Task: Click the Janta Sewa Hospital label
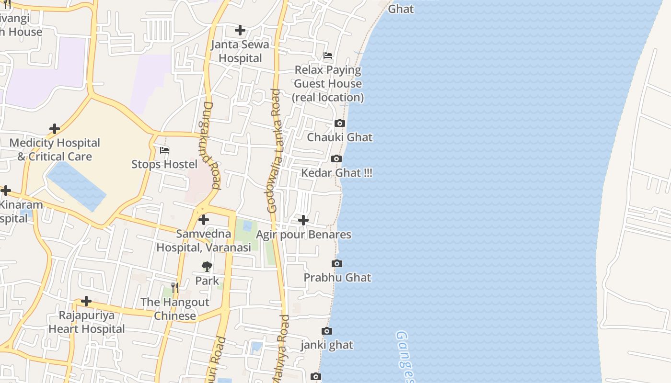[x=240, y=51]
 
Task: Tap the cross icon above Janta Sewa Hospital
[x=240, y=30]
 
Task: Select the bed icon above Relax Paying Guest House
[x=328, y=56]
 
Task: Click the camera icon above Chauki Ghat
[x=340, y=124]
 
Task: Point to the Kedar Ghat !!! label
[x=336, y=173]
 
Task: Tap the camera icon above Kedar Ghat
[x=336, y=159]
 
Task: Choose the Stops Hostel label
[x=164, y=164]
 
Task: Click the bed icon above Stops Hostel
[x=164, y=150]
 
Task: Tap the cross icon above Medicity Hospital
[x=55, y=129]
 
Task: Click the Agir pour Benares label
[x=303, y=235]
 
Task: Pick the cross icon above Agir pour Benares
[x=303, y=220]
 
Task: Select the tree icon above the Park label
[x=207, y=267]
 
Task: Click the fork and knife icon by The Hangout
[x=175, y=288]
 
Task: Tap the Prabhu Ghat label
[x=337, y=277]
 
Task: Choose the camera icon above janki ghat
[x=327, y=331]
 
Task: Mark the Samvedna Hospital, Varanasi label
[x=204, y=241]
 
